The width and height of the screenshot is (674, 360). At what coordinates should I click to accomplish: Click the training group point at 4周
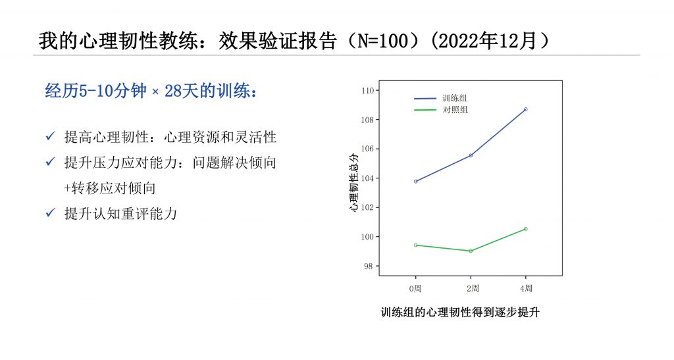(525, 109)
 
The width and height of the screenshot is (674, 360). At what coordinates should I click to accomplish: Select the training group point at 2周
(471, 155)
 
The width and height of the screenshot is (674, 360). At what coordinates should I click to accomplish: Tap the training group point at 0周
(415, 181)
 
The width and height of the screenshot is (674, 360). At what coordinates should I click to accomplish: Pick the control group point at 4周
(525, 228)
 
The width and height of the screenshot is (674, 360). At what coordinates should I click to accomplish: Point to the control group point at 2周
(471, 251)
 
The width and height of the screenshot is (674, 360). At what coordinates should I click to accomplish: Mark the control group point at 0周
(415, 245)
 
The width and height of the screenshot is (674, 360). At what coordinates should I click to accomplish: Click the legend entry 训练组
(454, 98)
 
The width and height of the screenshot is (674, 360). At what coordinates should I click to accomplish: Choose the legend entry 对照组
(454, 110)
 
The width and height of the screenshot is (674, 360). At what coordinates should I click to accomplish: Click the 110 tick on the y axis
(368, 91)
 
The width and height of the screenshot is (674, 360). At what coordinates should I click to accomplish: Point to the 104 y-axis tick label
(368, 178)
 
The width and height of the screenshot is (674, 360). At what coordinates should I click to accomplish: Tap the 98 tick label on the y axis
(370, 267)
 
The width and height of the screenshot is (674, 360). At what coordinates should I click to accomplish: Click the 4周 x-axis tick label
(525, 288)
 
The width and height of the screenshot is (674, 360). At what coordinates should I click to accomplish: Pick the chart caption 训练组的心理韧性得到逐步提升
(460, 313)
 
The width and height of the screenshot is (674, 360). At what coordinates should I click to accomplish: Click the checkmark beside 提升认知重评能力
(50, 213)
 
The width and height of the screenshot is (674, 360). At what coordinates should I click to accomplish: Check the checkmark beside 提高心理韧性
(50, 137)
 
